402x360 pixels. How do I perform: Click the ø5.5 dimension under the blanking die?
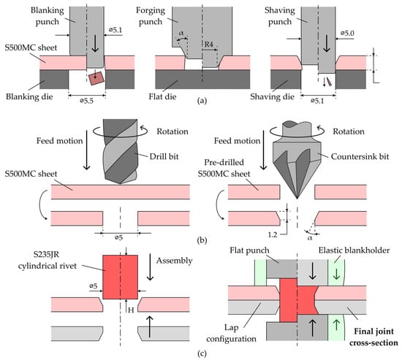[87, 101]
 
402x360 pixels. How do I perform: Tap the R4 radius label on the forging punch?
[209, 44]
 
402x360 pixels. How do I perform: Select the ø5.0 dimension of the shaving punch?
[347, 33]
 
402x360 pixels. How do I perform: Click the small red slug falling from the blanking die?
[96, 78]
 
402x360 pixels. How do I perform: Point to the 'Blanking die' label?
[29, 96]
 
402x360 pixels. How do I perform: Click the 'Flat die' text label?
[162, 96]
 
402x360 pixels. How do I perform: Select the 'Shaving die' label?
[272, 96]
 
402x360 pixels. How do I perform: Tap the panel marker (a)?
[202, 101]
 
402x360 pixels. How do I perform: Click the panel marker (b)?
[202, 240]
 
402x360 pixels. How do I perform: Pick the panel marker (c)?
[202, 354]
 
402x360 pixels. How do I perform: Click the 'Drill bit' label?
[164, 156]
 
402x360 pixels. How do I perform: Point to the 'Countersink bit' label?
[360, 156]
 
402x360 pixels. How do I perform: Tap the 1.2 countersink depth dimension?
[273, 234]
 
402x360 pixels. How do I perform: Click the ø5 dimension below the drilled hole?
[118, 237]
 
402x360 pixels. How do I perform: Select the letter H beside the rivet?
[131, 310]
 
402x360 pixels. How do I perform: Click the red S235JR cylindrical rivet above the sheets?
[121, 277]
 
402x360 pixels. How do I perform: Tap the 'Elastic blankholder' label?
[354, 250]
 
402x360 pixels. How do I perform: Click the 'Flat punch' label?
[249, 250]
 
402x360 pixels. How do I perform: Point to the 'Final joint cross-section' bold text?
[373, 337]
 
